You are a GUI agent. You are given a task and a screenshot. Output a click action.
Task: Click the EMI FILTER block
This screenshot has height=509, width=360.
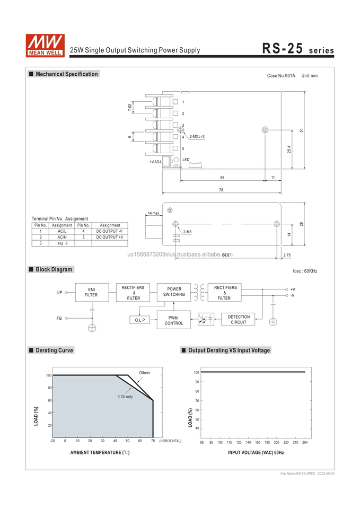(x=91, y=292)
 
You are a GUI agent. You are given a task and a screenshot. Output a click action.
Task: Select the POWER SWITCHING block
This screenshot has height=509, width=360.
(x=174, y=292)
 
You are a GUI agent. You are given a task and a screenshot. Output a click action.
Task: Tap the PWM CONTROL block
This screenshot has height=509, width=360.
(x=174, y=320)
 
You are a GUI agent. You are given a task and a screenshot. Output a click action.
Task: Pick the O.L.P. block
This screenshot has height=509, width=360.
(x=141, y=320)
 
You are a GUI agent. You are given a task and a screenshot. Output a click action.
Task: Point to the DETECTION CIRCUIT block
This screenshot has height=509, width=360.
(x=239, y=319)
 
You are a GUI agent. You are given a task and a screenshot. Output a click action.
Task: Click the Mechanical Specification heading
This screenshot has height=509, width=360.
(x=66, y=74)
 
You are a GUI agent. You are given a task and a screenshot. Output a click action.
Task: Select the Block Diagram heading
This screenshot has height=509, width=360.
(x=54, y=269)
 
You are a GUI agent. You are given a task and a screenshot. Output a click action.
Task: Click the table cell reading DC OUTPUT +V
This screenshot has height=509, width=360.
(x=110, y=237)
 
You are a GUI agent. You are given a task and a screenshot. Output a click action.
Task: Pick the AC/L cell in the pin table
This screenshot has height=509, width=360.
(x=62, y=231)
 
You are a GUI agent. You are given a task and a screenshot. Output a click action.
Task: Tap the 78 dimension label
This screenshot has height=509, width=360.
(x=221, y=189)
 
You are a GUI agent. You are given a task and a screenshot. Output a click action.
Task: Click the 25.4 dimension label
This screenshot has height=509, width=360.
(x=289, y=150)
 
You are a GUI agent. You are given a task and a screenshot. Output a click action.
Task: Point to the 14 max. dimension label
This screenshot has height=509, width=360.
(x=154, y=213)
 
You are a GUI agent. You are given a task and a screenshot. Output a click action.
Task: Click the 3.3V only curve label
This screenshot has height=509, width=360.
(x=125, y=397)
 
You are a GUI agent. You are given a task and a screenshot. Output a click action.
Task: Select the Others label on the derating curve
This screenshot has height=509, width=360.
(x=145, y=373)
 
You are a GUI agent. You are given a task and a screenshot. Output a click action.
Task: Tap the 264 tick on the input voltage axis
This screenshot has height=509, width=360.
(x=305, y=442)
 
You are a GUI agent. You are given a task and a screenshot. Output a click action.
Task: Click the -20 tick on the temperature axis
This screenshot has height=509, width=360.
(x=52, y=441)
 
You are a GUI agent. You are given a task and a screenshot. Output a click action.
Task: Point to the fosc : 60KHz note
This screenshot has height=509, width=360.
(x=305, y=271)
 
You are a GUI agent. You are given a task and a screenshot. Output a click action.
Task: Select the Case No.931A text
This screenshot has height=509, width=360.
(x=281, y=76)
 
